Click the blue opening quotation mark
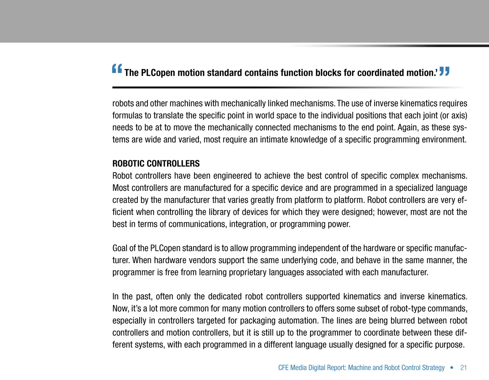click(117, 69)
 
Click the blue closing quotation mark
click(444, 71)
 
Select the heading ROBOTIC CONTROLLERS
click(156, 164)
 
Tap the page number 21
click(463, 368)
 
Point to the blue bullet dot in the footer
click(452, 368)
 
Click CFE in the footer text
click(283, 368)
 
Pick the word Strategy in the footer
click(433, 368)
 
